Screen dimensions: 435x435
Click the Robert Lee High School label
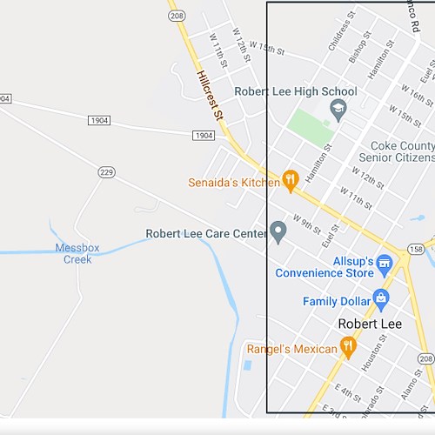click(x=295, y=91)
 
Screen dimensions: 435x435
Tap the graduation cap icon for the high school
click(x=338, y=108)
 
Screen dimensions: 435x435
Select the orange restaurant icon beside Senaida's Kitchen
click(x=290, y=180)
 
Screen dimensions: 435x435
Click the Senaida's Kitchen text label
click(x=233, y=183)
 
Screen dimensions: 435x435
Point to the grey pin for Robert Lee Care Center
click(x=278, y=231)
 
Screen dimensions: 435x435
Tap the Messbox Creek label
click(x=77, y=253)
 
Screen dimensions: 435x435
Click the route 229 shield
click(x=106, y=172)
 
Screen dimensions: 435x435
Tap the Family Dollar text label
click(x=338, y=301)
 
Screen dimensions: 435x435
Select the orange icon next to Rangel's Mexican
click(x=348, y=348)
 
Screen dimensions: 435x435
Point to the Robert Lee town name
click(x=370, y=324)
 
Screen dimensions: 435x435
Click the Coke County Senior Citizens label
click(x=401, y=151)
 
